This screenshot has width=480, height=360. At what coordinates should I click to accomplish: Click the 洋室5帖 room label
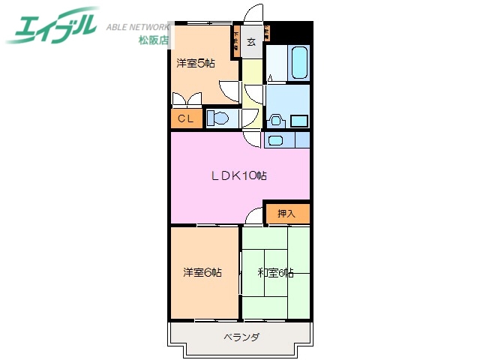tap(196, 64)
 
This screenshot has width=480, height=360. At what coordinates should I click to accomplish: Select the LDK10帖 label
tap(238, 177)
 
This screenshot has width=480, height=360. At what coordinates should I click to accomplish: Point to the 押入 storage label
tap(286, 214)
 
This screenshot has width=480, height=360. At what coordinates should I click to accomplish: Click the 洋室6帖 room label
tap(202, 272)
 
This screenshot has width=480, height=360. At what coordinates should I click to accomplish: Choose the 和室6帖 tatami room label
tap(274, 272)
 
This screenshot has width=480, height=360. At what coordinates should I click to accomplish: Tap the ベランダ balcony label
tap(240, 337)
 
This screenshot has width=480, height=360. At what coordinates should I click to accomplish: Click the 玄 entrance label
tap(252, 42)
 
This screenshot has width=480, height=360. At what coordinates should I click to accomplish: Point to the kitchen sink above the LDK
tap(276, 139)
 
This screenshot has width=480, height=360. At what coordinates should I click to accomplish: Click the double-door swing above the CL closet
tap(185, 99)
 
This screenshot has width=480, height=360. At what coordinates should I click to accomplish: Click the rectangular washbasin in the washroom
tap(299, 120)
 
